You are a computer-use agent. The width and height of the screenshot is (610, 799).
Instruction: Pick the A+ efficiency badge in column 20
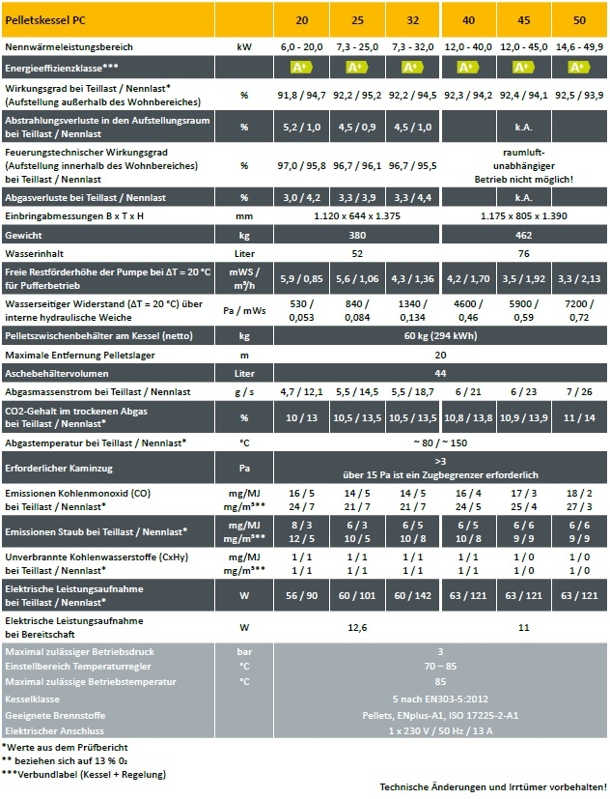[301, 68]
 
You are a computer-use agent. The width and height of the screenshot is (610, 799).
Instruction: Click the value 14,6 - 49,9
[579, 45]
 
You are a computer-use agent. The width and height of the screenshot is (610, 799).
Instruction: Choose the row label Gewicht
[25, 235]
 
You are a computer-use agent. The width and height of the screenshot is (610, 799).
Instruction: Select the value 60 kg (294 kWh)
[440, 336]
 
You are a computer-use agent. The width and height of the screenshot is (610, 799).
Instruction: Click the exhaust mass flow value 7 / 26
[579, 391]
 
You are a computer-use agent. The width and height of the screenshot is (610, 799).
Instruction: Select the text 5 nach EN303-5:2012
[440, 698]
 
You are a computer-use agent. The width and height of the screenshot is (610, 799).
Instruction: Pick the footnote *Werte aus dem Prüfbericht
[65, 747]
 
